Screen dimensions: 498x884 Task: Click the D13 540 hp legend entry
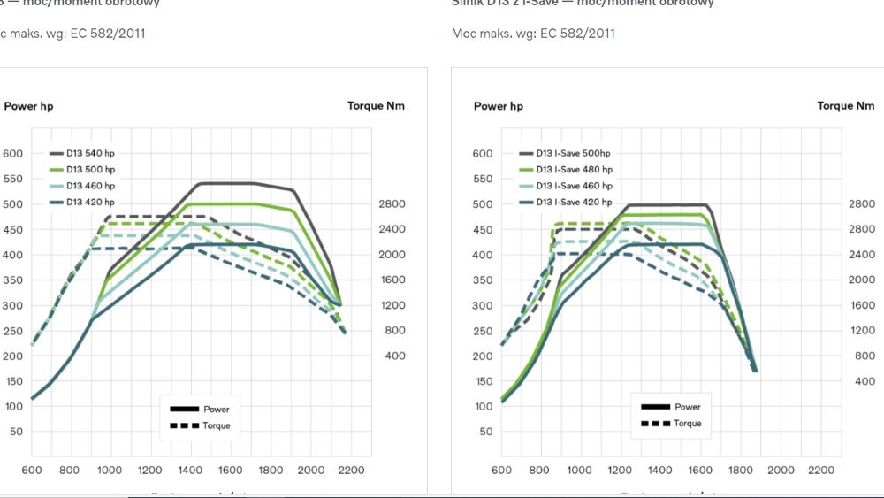pos(89,153)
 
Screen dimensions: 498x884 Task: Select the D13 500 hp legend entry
pos(89,169)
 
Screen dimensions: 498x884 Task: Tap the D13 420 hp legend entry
pos(89,202)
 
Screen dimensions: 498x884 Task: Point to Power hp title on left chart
pos(28,106)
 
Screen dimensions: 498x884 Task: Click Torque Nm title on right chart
pos(846,106)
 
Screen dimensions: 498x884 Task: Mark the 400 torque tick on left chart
pos(394,356)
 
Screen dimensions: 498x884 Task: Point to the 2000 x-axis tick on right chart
pos(781,470)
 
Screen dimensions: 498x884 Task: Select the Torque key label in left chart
pos(217,425)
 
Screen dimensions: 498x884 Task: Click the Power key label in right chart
pos(687,407)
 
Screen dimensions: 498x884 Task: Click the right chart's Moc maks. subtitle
pos(533,34)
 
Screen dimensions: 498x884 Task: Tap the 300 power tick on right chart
pos(482,306)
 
